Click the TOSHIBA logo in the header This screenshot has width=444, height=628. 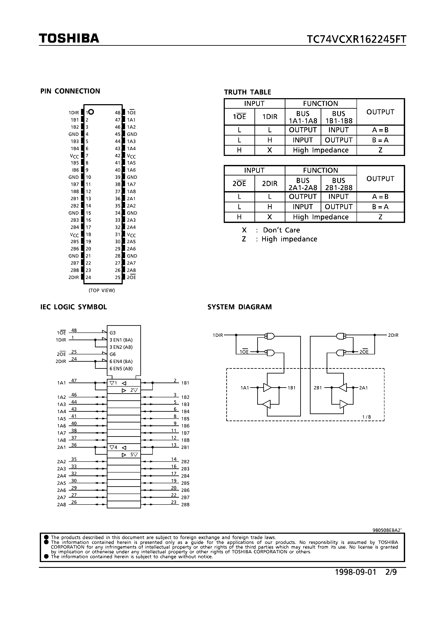pyautogui.click(x=69, y=39)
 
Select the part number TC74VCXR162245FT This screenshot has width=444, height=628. pyautogui.click(x=356, y=40)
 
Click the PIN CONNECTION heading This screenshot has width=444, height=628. pyautogui.click(x=70, y=91)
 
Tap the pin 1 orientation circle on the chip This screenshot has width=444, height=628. pyautogui.click(x=91, y=112)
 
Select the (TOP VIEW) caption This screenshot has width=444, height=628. pyautogui.click(x=102, y=290)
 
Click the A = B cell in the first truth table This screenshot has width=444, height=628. pyautogui.click(x=380, y=130)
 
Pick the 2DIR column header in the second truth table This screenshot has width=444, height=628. pyautogui.click(x=270, y=184)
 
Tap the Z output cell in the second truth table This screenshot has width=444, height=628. pyautogui.click(x=380, y=217)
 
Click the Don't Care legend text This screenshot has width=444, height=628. pyautogui.click(x=281, y=230)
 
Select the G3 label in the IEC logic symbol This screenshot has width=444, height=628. pyautogui.click(x=113, y=333)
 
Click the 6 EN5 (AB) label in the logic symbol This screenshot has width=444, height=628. pyautogui.click(x=121, y=368)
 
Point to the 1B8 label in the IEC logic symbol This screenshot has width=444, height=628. pyautogui.click(x=185, y=440)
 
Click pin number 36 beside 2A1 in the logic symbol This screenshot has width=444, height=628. pyautogui.click(x=74, y=445)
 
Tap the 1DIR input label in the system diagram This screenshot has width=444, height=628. pyautogui.click(x=218, y=335)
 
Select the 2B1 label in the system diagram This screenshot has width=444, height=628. pyautogui.click(x=318, y=388)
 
